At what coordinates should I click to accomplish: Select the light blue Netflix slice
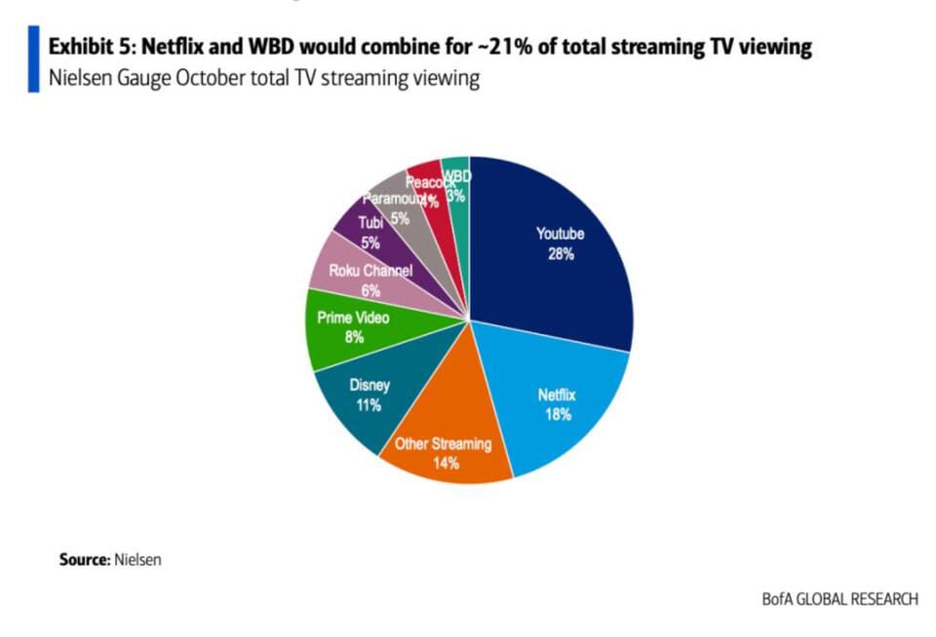tap(565, 409)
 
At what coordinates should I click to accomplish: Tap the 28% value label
tap(561, 255)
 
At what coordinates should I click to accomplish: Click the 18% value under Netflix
tap(558, 415)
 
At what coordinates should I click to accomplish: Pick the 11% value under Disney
tap(368, 405)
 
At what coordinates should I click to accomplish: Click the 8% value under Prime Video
tap(353, 338)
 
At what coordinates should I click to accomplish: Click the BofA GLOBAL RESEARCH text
tap(839, 599)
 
